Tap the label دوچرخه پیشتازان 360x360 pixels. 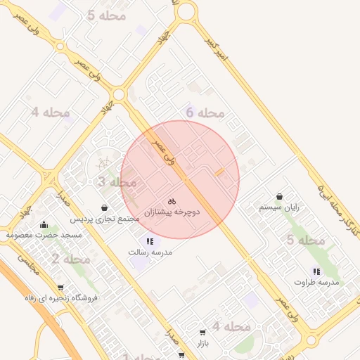(x=173, y=212)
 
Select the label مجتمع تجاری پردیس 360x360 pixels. (x=109, y=219)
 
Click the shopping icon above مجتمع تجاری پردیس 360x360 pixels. (x=105, y=207)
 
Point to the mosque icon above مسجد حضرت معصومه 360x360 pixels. (x=44, y=225)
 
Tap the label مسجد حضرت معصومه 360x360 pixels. (x=44, y=234)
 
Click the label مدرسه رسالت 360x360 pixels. (x=147, y=251)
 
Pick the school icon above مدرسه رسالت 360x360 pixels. (x=148, y=240)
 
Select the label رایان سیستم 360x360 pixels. (x=279, y=207)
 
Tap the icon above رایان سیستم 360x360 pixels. (x=281, y=196)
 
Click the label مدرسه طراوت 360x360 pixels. (x=316, y=282)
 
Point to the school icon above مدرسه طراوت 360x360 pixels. (x=316, y=271)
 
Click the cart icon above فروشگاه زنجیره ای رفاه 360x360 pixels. (x=60, y=287)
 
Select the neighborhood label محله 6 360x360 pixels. (x=205, y=112)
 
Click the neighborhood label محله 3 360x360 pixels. (x=117, y=183)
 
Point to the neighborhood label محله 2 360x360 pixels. (x=71, y=259)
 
